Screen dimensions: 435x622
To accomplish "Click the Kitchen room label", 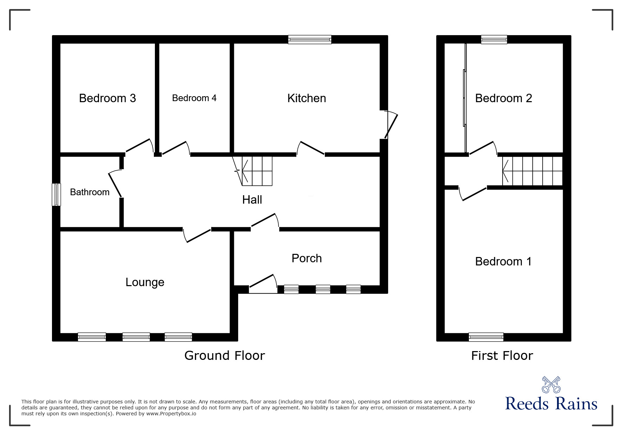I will [x=306, y=98].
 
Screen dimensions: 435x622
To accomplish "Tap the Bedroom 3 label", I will [x=107, y=98].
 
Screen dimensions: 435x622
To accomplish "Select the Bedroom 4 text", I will [x=194, y=98].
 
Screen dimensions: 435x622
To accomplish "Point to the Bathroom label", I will [x=90, y=192].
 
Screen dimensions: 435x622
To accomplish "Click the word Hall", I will [x=252, y=200].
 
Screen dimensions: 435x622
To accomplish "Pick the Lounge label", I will [x=145, y=282].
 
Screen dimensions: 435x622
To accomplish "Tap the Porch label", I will [x=306, y=258].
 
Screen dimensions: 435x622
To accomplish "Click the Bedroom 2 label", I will [x=503, y=98].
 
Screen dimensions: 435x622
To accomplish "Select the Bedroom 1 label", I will [x=503, y=262].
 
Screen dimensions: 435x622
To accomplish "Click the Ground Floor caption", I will [x=224, y=356].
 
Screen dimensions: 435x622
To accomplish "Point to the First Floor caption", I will [x=502, y=356].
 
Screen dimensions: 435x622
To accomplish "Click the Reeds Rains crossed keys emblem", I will [x=551, y=384].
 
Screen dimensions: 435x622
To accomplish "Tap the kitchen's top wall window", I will [x=309, y=39].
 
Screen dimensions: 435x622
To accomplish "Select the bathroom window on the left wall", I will [x=56, y=195].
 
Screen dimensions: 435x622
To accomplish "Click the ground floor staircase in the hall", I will [x=257, y=171].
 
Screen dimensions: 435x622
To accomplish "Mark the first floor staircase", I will [x=532, y=171].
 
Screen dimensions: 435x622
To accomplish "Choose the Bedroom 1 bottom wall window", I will [x=486, y=337].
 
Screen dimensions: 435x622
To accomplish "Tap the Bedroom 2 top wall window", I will [x=494, y=39].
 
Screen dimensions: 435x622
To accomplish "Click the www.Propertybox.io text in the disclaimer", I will [x=171, y=414].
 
